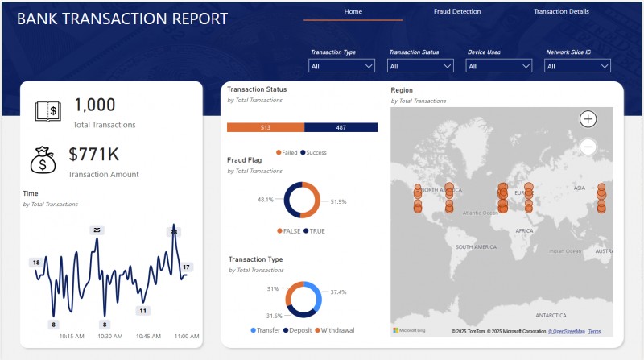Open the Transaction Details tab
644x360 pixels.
pos(561,12)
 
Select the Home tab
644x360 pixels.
pos(353,12)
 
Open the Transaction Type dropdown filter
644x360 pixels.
pos(342,66)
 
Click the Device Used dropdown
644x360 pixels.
pos(499,66)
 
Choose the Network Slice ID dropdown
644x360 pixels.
pos(577,66)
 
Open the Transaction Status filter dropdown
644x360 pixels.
pos(420,66)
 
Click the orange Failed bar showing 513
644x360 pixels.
pos(266,127)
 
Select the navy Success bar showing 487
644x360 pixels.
pos(341,127)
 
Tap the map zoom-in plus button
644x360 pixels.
pos(588,119)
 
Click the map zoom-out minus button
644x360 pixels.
pos(588,147)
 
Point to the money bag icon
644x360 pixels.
pos(43,159)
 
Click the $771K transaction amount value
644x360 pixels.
pos(93,154)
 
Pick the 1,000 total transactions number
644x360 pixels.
pos(95,105)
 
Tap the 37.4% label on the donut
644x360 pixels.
pos(339,292)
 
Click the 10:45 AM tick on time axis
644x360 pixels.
pos(148,337)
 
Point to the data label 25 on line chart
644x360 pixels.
pos(97,230)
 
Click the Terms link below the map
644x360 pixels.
pos(594,331)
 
